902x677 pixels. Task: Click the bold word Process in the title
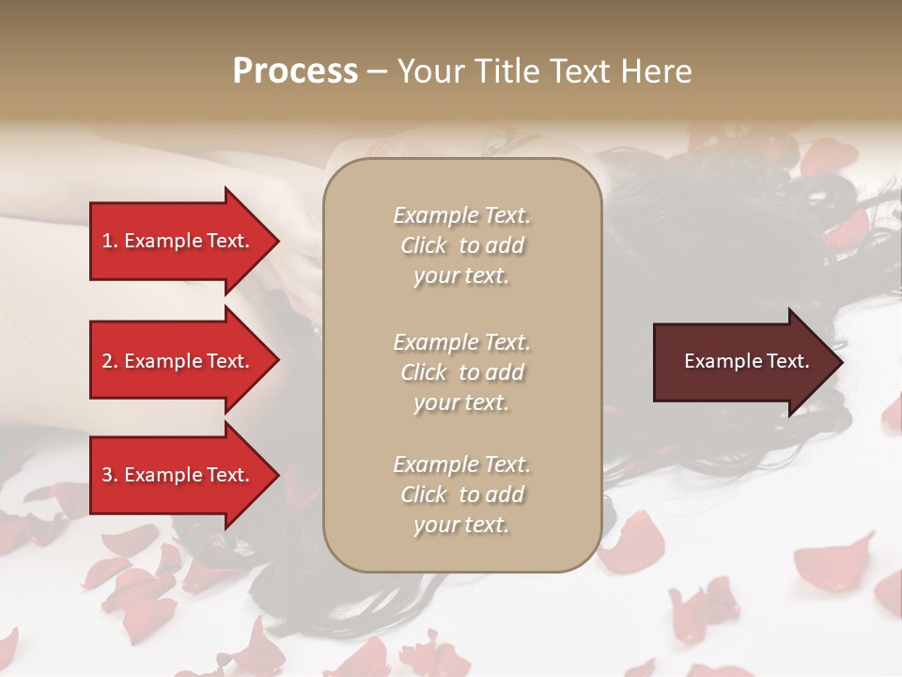pyautogui.click(x=295, y=71)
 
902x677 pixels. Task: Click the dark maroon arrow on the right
pyautogui.click(x=742, y=361)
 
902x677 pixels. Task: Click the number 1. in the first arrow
pyautogui.click(x=109, y=241)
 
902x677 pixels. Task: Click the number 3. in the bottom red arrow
pyautogui.click(x=109, y=475)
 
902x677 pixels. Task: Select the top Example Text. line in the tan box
pyautogui.click(x=461, y=215)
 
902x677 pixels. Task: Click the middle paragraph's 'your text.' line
pyautogui.click(x=461, y=402)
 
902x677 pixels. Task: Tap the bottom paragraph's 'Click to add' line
pyautogui.click(x=461, y=495)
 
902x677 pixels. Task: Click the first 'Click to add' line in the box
pyautogui.click(x=461, y=245)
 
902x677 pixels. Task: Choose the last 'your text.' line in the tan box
pyautogui.click(x=461, y=525)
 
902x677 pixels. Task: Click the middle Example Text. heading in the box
pyautogui.click(x=461, y=342)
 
